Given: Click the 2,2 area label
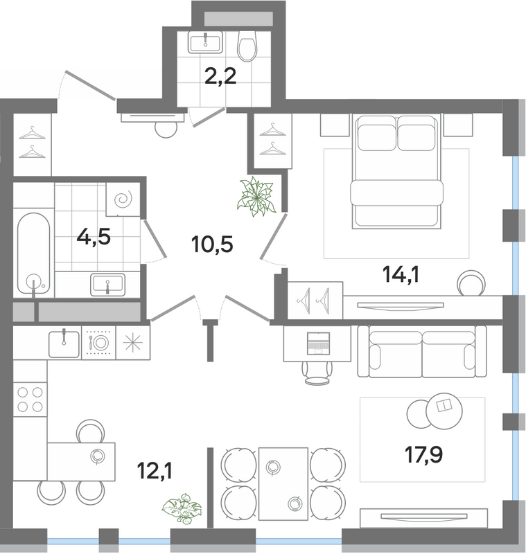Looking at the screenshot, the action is pos(220,76).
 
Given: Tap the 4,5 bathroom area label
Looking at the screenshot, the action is pos(94,236).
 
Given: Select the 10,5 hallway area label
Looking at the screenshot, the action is pos(212,244).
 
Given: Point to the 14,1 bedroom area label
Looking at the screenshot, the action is pos(401,274).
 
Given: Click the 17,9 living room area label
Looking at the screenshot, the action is pos(424,454).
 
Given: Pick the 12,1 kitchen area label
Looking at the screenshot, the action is pos(155,471).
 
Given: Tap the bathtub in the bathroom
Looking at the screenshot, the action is pos(33,253).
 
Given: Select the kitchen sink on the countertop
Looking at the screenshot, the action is pos(64,343).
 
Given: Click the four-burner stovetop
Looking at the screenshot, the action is pos(30,400).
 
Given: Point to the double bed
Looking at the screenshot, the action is pos(396,171).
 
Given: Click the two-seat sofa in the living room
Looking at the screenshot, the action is pos(422,351).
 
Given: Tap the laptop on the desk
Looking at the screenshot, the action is pos(319,343).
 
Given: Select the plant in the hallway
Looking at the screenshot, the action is pos(256,197).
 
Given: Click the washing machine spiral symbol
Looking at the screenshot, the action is pos(123,200).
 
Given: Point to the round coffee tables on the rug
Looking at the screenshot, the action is pos(435,411).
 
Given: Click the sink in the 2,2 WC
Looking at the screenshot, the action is pos(205,42).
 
